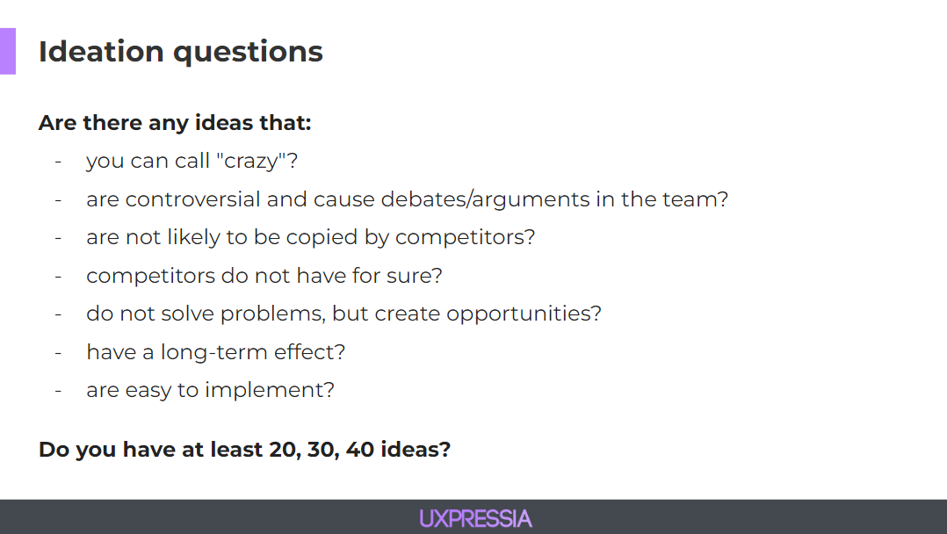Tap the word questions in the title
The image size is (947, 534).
[x=249, y=54]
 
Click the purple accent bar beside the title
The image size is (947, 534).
[x=8, y=51]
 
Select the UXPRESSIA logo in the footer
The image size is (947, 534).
[x=476, y=519]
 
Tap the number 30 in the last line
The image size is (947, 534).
[x=320, y=450]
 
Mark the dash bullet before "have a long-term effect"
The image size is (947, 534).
[x=58, y=353]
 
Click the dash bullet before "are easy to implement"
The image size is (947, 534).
[x=58, y=391]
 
